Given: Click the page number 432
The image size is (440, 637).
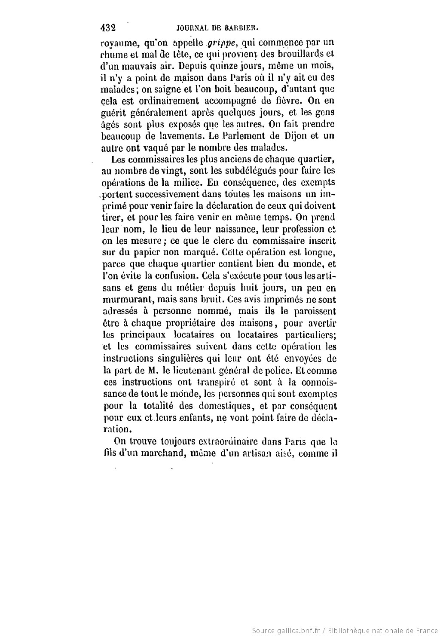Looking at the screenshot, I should pyautogui.click(x=108, y=28).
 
